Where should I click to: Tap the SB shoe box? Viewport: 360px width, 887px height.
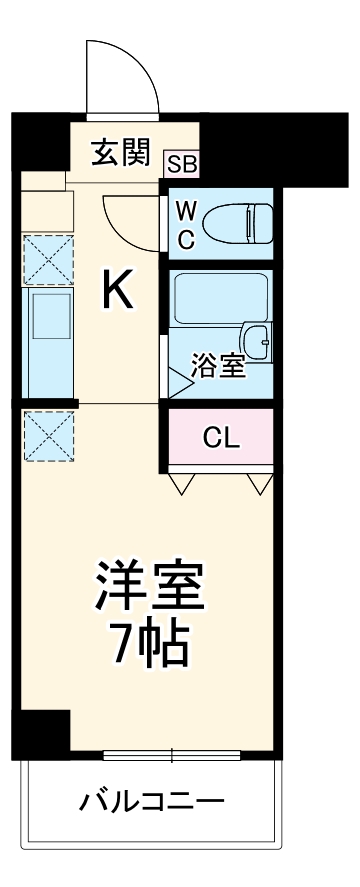[182, 163]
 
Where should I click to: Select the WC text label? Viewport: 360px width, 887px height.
[187, 225]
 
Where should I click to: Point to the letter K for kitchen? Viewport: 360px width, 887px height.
[117, 291]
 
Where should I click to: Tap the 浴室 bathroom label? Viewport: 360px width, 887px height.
[219, 366]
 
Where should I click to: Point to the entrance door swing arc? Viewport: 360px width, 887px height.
[122, 75]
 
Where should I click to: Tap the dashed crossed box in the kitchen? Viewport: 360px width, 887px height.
[46, 258]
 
